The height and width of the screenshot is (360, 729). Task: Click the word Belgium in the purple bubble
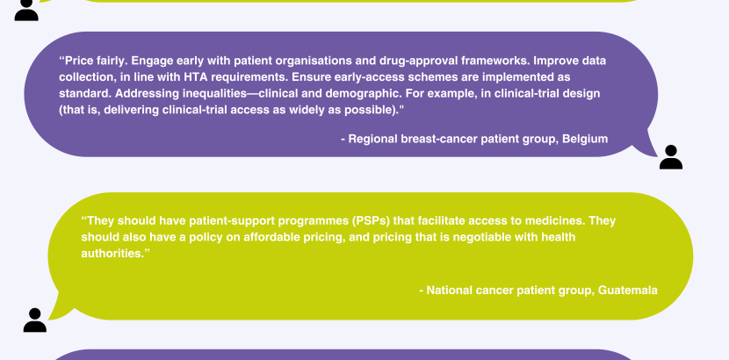pyautogui.click(x=585, y=139)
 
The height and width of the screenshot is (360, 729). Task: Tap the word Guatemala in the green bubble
pyautogui.click(x=628, y=291)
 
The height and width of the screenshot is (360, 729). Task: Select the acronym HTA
pyautogui.click(x=193, y=76)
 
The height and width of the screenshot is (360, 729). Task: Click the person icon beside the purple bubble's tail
pyautogui.click(x=671, y=157)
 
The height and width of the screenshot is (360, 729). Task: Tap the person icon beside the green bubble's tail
pyautogui.click(x=35, y=320)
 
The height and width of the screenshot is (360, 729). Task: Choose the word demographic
pyautogui.click(x=363, y=93)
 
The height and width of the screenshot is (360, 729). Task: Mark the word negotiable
pyautogui.click(x=480, y=237)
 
